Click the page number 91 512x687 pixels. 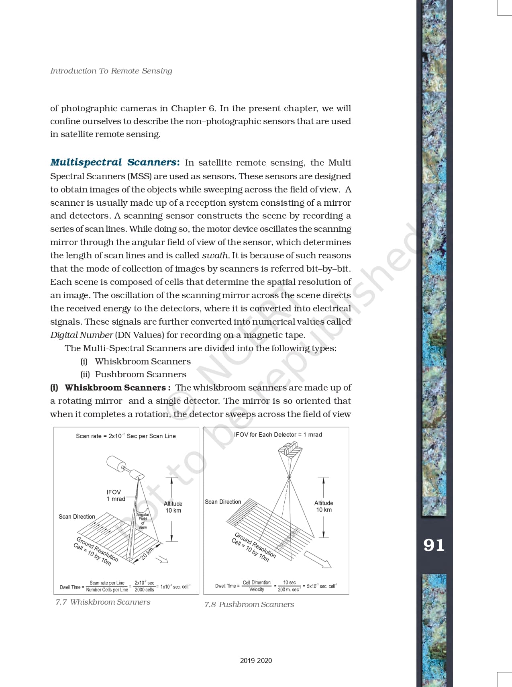click(434, 545)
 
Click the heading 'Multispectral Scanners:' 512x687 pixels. click(115, 162)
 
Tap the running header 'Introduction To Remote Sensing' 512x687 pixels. click(111, 71)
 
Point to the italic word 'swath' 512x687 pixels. click(215, 256)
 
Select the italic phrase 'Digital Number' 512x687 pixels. click(82, 335)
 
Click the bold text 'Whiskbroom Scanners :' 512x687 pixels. click(117, 388)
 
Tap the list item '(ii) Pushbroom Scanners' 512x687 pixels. click(133, 374)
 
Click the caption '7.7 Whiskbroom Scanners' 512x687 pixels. click(103, 602)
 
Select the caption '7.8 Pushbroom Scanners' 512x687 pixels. click(249, 605)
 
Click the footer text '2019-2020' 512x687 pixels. click(256, 660)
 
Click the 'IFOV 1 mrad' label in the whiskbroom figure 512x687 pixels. click(115, 495)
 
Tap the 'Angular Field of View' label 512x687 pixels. click(143, 521)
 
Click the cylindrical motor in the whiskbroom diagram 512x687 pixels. click(116, 464)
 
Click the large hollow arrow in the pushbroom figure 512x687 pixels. click(318, 559)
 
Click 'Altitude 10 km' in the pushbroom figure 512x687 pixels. click(324, 506)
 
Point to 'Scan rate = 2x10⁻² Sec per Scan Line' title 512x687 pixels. click(126, 436)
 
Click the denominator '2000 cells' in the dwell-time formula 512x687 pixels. click(144, 590)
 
